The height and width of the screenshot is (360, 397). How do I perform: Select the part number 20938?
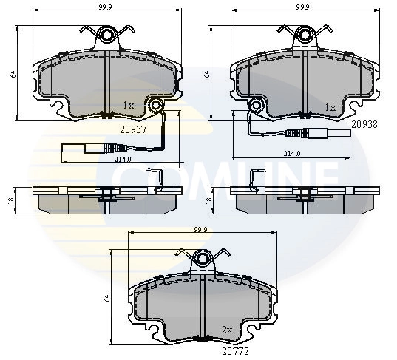[364, 125]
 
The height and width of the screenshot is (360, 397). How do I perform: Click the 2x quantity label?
[228, 330]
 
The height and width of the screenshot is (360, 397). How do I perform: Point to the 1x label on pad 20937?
[128, 106]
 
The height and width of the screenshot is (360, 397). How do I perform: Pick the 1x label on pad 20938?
[330, 107]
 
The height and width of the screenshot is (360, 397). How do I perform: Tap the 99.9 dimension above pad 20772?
[200, 231]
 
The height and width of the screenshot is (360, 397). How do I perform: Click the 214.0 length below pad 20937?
[122, 159]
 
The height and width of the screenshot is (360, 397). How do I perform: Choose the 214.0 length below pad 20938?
[293, 154]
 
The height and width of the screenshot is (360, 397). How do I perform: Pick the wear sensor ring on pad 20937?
[156, 108]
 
